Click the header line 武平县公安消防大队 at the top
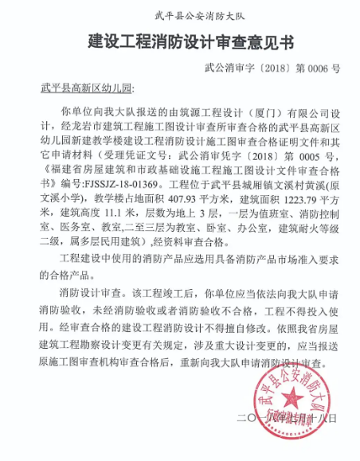pyautogui.click(x=180, y=15)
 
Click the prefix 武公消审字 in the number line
pyautogui.click(x=233, y=70)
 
